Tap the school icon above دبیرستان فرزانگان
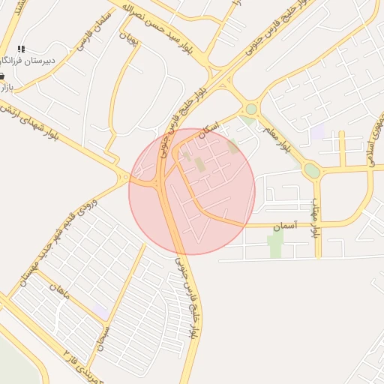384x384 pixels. [x=21, y=48]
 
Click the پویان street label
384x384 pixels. [x=132, y=40]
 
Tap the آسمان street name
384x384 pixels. [x=285, y=224]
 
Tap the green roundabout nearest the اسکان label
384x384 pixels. [x=251, y=109]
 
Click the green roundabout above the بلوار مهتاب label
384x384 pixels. [x=312, y=171]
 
